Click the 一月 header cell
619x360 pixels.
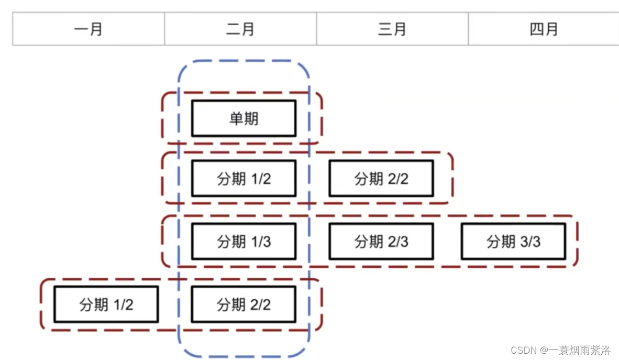pyautogui.click(x=89, y=29)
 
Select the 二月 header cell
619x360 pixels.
pyautogui.click(x=240, y=29)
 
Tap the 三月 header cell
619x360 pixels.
pyautogui.click(x=392, y=29)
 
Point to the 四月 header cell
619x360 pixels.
pyautogui.click(x=544, y=29)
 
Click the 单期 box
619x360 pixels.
pyautogui.click(x=244, y=118)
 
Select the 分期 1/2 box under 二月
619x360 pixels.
pyautogui.click(x=244, y=179)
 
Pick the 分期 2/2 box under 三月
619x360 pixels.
pyautogui.click(x=381, y=179)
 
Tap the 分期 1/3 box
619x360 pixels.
pyautogui.click(x=244, y=242)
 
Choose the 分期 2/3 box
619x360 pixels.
pyautogui.click(x=381, y=242)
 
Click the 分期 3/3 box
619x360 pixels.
pyautogui.click(x=513, y=242)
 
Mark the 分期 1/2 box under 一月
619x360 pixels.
pyautogui.click(x=106, y=304)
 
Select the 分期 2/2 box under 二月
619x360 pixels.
pyautogui.click(x=244, y=304)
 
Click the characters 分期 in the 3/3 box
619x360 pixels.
pyautogui.click(x=499, y=242)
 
